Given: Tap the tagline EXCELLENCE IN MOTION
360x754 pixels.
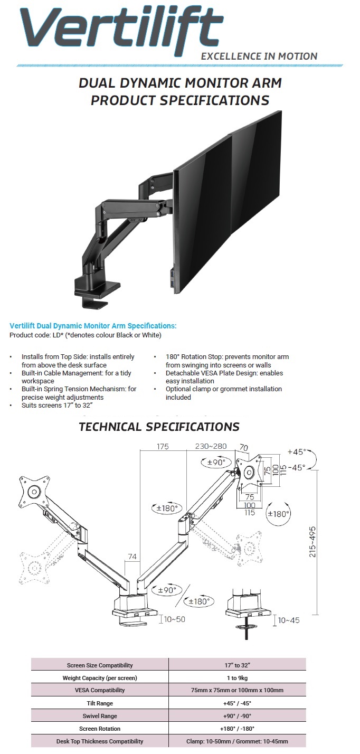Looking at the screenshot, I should point(260,56).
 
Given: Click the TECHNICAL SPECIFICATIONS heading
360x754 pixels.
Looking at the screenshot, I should point(159,427).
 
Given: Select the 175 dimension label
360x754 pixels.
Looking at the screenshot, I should point(162,447).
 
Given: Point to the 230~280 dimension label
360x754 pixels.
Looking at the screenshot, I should point(211,446).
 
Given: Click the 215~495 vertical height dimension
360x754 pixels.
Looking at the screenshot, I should point(313,541).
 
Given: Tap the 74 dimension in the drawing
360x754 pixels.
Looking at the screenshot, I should point(132,556).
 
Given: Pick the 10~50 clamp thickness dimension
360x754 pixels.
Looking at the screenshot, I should point(175,619).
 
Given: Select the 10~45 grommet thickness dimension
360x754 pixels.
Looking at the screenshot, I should point(288,620).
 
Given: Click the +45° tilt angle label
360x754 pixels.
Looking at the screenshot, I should point(297,452).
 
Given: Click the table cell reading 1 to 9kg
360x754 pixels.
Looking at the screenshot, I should point(236,678).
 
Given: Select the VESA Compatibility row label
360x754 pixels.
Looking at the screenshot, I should point(99,691).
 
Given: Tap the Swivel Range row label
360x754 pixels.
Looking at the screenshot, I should point(99,716).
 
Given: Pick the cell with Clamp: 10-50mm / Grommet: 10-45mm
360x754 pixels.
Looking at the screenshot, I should point(236,741).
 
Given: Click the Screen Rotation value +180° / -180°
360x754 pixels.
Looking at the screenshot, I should point(236,729).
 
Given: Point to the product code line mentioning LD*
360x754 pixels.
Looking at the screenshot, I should point(85,335).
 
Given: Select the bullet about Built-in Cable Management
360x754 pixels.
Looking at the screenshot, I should point(77,377).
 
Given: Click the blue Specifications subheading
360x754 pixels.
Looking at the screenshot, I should point(93,326).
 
